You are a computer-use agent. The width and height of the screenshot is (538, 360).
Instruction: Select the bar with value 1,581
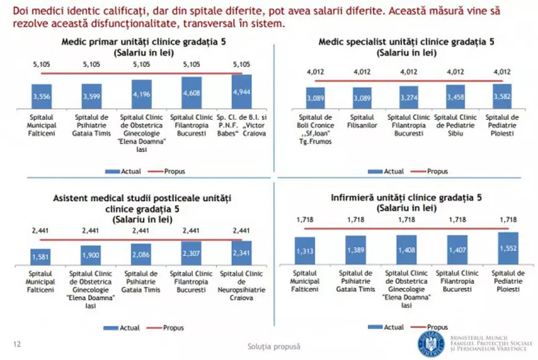point(41,256)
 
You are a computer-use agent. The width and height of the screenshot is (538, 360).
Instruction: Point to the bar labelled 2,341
point(241,252)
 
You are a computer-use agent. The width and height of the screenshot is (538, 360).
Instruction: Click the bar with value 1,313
point(305,250)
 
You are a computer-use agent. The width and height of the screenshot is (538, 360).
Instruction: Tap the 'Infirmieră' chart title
point(406,204)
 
